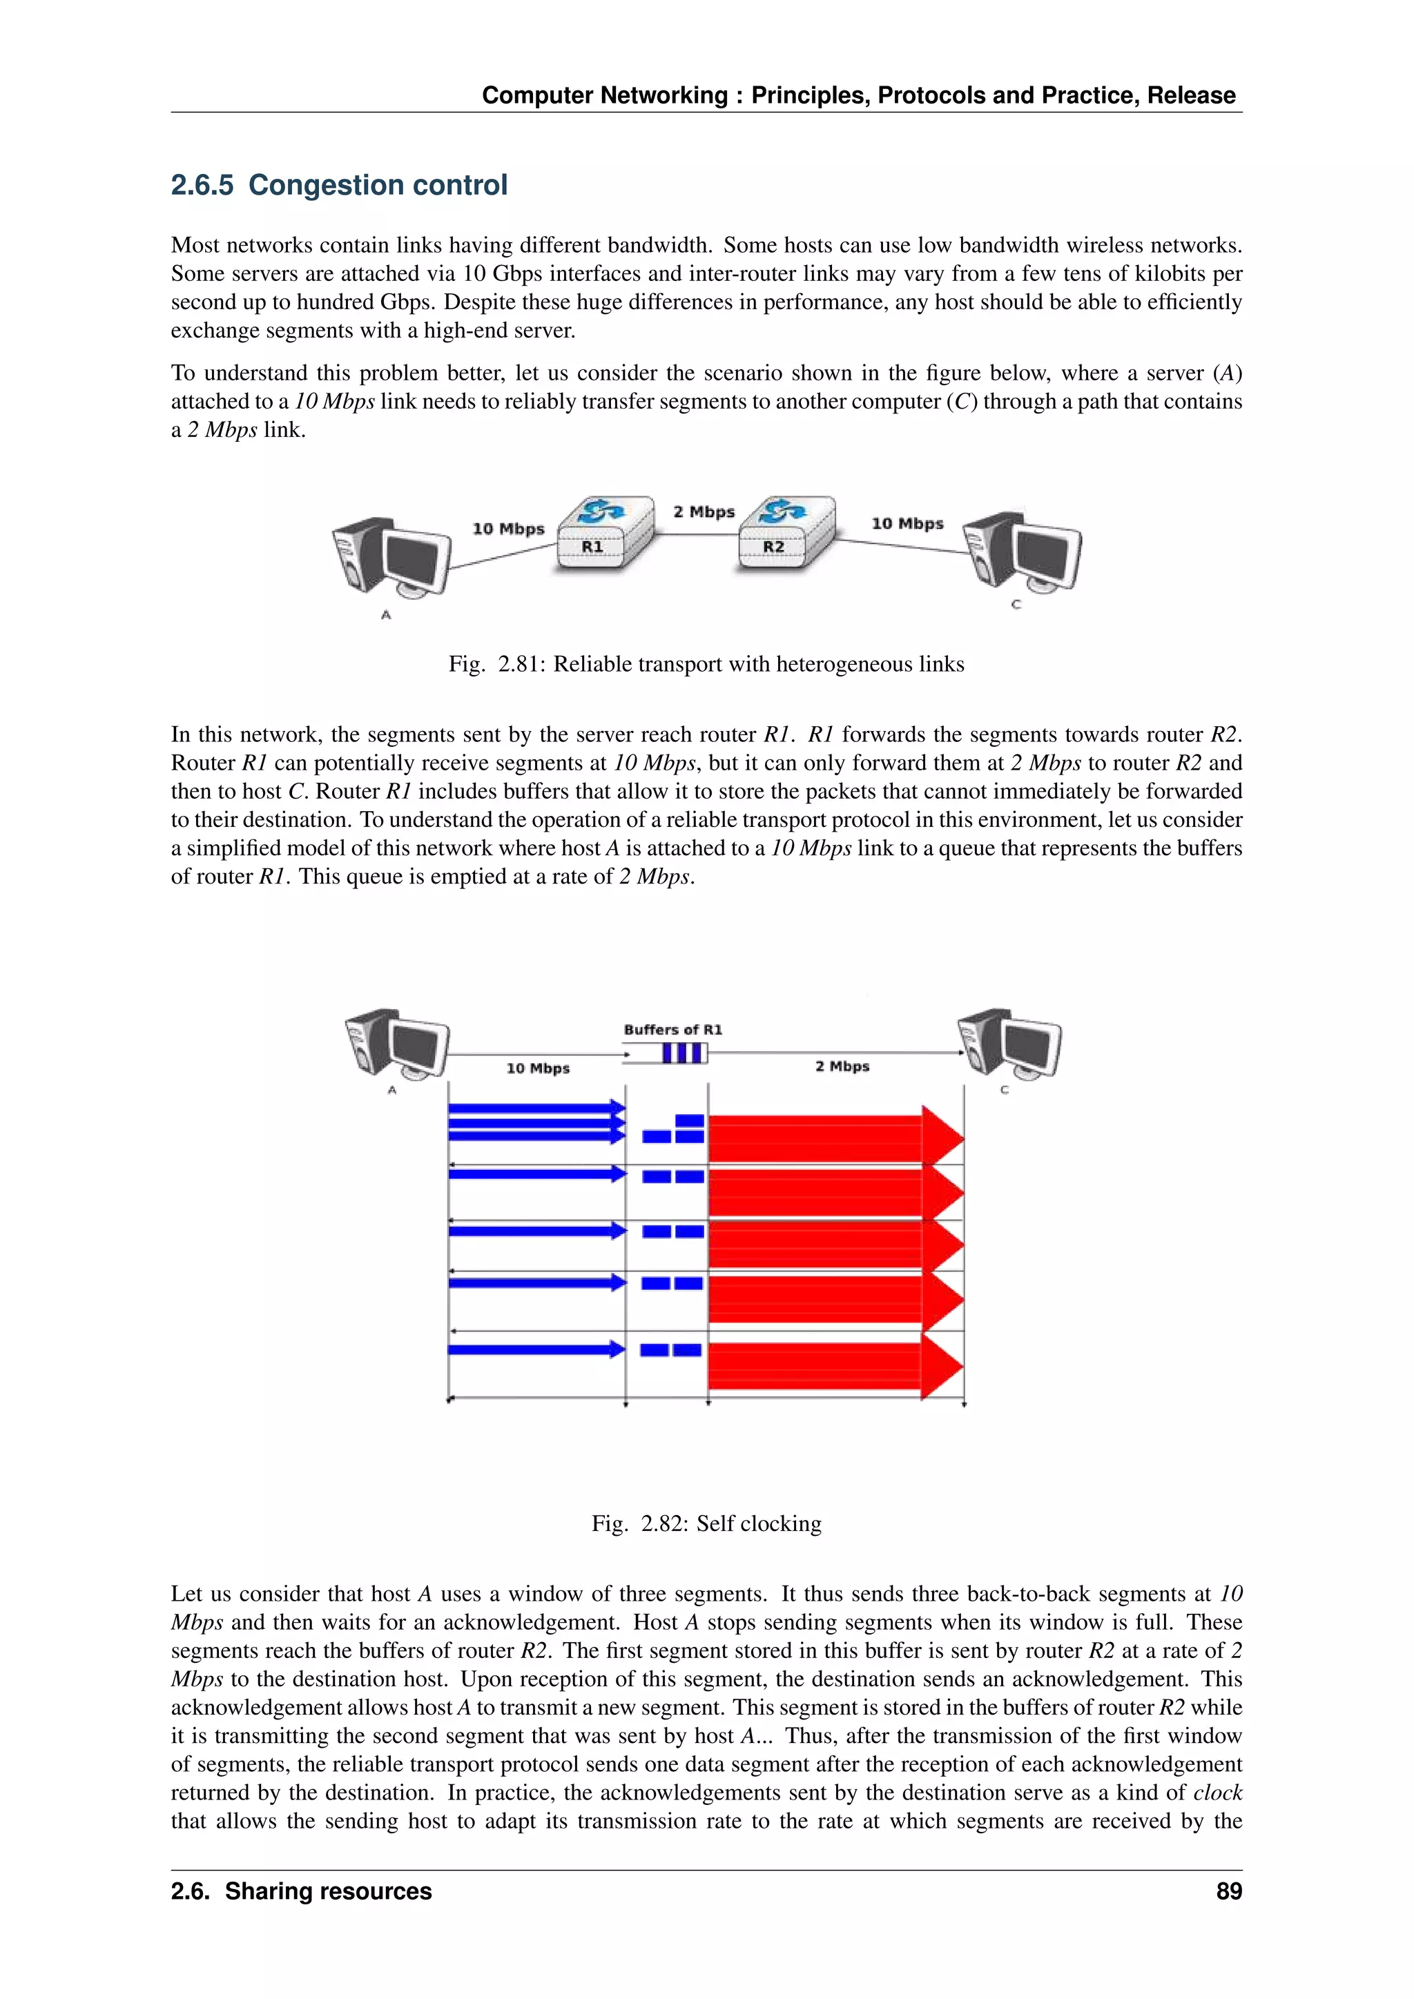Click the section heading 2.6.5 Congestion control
pos(339,186)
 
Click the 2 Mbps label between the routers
pos(704,512)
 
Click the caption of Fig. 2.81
pos(706,664)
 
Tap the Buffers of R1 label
pos(673,1030)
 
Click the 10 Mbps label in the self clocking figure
pos(538,1069)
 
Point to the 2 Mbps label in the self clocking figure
pos(842,1066)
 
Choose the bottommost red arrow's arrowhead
pos(942,1367)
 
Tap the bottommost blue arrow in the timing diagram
pos(536,1349)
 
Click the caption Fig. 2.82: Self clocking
pos(706,1523)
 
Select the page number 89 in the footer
pos(1228,1891)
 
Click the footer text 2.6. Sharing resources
pos(301,1891)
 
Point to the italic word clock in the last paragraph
pos(1217,1793)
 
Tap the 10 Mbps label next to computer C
pos(907,523)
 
